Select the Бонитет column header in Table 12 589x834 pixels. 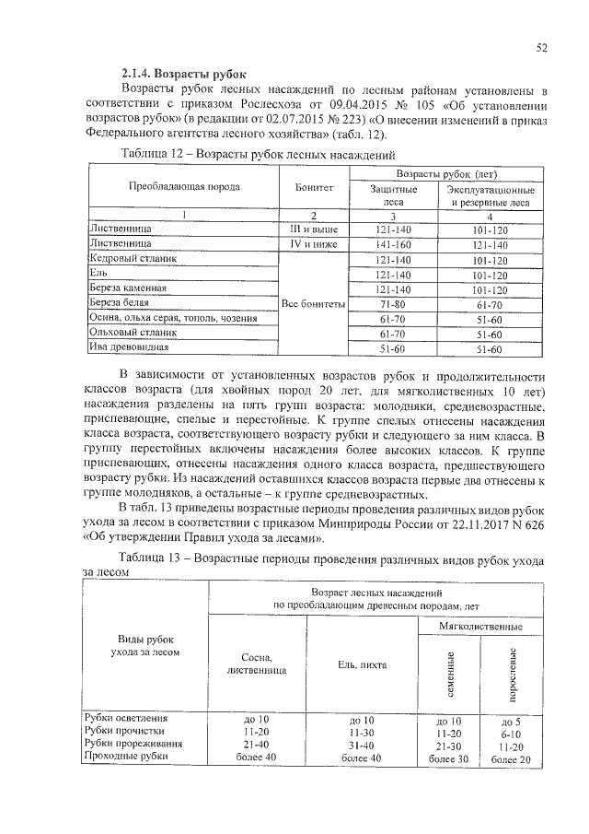pyautogui.click(x=314, y=186)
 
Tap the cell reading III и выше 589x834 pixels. pyautogui.click(x=314, y=227)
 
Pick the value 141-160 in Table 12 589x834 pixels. pyautogui.click(x=392, y=244)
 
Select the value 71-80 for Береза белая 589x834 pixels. pyautogui.click(x=392, y=303)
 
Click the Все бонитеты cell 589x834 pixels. pyautogui.click(x=314, y=303)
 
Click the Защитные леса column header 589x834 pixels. pyautogui.click(x=393, y=195)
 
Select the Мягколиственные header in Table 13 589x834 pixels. pyautogui.click(x=484, y=626)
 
